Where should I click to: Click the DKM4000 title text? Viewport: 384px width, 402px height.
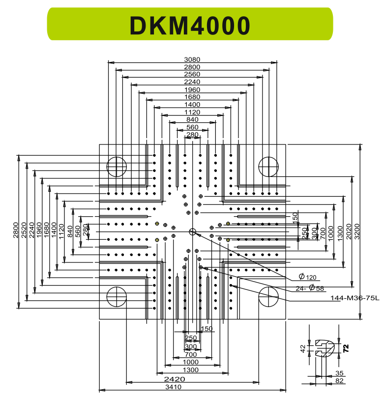click(x=190, y=25)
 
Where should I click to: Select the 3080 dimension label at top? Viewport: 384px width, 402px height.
click(x=192, y=59)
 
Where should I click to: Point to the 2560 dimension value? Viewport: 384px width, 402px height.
click(x=192, y=74)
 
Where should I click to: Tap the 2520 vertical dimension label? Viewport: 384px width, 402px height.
click(x=23, y=230)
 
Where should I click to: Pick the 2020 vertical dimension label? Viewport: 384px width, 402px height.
click(x=349, y=230)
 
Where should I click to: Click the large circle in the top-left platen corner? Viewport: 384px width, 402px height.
click(x=117, y=167)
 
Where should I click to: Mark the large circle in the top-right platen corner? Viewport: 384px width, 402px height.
click(x=268, y=167)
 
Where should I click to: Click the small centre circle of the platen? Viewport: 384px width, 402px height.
click(x=192, y=231)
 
